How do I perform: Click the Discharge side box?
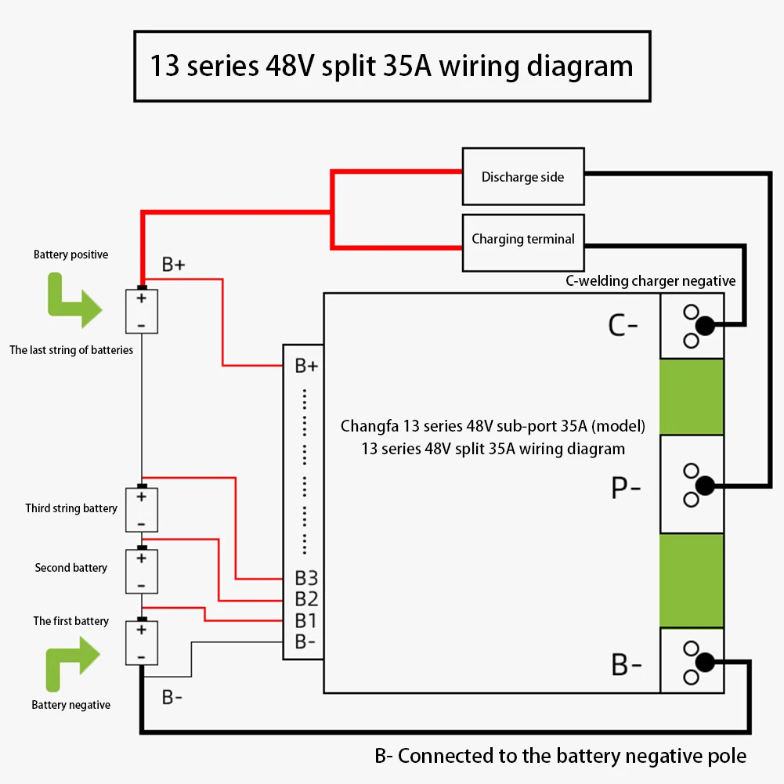523,176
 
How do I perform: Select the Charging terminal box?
523,243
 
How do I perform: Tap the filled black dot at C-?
705,326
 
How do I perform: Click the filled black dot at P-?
705,486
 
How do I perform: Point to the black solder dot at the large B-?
705,663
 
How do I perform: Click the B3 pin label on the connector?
306,578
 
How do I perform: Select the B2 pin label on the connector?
306,599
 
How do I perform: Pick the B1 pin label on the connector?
305,620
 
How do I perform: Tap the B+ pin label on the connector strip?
306,366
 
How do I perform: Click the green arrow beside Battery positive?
74,301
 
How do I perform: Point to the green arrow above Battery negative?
73,664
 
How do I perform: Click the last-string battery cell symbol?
142,310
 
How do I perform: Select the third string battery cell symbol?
142,509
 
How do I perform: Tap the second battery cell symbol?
142,570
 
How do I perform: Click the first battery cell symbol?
142,642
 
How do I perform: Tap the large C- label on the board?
623,326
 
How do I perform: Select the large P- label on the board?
626,487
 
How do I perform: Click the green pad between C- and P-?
692,396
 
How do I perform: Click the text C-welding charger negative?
651,281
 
